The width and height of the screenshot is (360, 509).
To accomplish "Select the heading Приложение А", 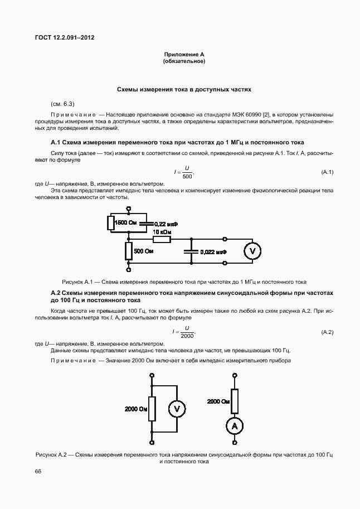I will tap(184, 54).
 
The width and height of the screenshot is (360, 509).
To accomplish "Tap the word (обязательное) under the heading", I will tap(184, 61).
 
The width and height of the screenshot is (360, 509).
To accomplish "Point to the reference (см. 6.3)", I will tap(62, 104).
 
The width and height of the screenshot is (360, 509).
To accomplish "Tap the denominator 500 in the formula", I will tap(187, 176).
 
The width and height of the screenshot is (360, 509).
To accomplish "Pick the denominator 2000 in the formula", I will tap(187, 336).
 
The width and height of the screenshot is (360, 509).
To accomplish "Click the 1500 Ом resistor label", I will tap(125, 223).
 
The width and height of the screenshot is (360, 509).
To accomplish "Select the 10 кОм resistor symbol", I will tap(162, 239).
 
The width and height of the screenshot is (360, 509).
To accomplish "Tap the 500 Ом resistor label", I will tap(144, 251).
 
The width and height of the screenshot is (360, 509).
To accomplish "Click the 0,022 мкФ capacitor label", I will tap(212, 251).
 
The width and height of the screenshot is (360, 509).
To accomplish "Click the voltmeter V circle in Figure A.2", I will tap(177, 409).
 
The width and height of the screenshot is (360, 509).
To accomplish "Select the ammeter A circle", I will tap(235, 425).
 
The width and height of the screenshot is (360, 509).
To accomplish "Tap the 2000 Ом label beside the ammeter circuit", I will tap(218, 401).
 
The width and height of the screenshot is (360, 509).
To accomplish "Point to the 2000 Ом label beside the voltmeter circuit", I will tap(136, 409).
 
